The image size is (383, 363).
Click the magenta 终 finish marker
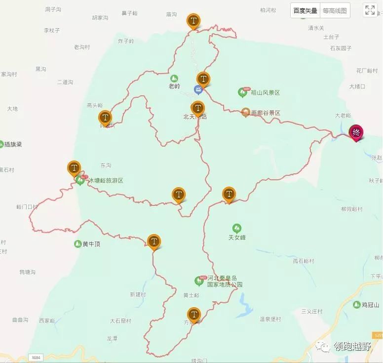tap(356, 132)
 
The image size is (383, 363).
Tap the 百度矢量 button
tap(305, 10)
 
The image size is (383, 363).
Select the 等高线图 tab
tap(335, 10)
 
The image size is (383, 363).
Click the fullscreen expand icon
tap(370, 10)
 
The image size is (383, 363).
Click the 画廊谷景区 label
tap(265, 113)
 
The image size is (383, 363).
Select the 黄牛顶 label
tap(91, 244)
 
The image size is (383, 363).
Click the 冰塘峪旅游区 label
tap(106, 181)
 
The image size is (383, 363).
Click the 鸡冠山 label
tap(370, 305)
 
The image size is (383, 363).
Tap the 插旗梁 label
tap(13, 145)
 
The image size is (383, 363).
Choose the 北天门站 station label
tap(195, 117)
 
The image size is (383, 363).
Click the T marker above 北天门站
tap(197, 108)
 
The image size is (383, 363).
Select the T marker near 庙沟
tap(193, 21)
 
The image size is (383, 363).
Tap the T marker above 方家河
tap(194, 314)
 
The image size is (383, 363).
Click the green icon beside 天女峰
tap(237, 228)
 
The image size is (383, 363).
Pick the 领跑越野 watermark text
tap(352, 347)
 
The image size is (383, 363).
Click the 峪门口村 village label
tap(27, 206)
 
